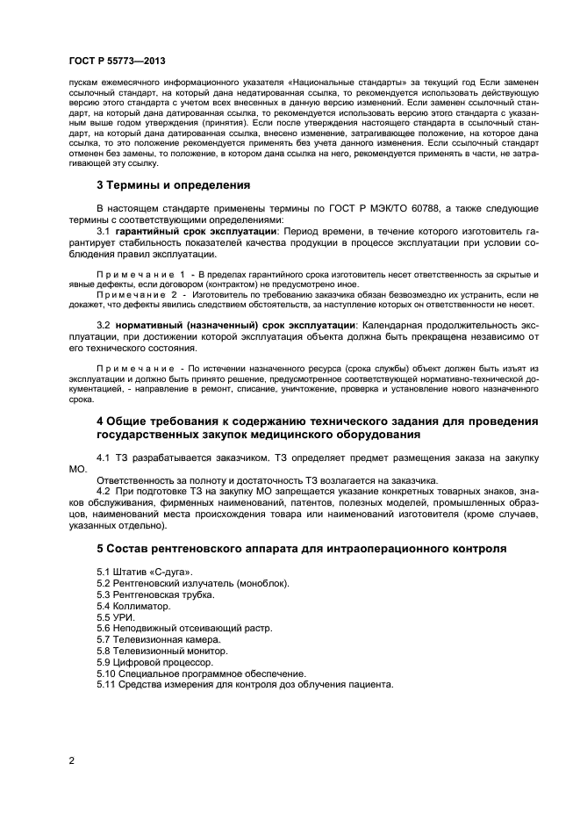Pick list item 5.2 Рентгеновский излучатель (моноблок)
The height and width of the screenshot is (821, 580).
pyautogui.click(x=193, y=583)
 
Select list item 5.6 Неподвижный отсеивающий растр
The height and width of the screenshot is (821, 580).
pyautogui.click(x=184, y=629)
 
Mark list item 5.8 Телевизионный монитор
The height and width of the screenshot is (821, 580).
pyautogui.click(x=162, y=652)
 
